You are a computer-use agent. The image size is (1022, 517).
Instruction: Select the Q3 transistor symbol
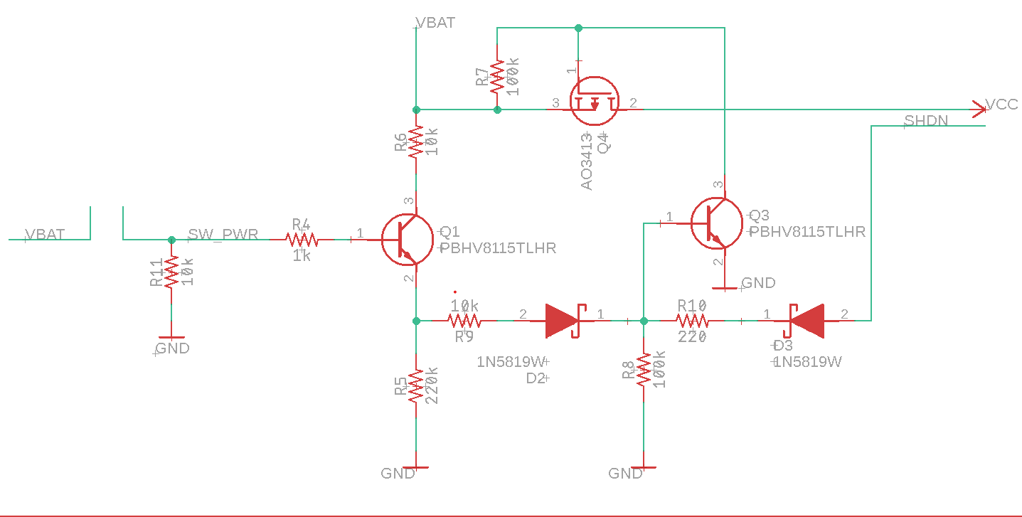(x=717, y=223)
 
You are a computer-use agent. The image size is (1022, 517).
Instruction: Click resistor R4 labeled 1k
(x=302, y=240)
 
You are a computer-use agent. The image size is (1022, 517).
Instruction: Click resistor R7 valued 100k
(x=497, y=77)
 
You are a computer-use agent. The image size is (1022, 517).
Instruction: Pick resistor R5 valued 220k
(x=416, y=386)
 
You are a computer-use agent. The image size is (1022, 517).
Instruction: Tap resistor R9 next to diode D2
(x=464, y=321)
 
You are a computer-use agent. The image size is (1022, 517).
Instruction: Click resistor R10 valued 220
(x=692, y=321)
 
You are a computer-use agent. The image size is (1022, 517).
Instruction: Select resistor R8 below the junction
(x=644, y=370)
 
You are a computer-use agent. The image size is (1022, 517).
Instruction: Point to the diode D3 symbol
(x=805, y=321)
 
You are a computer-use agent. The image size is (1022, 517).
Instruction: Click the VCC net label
(x=1001, y=105)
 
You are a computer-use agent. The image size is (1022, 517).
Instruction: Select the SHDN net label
(x=926, y=120)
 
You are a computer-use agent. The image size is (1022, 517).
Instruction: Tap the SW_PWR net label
(x=223, y=234)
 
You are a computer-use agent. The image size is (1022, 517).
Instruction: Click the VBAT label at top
(x=435, y=23)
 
